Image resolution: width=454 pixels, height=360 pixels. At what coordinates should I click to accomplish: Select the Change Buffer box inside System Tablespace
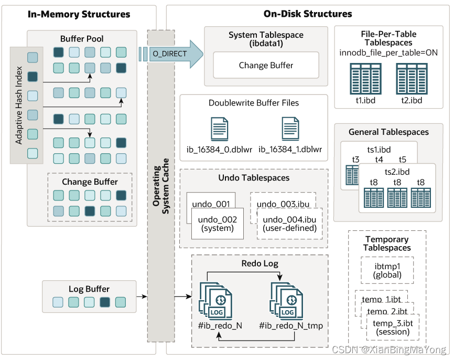pyautogui.click(x=266, y=65)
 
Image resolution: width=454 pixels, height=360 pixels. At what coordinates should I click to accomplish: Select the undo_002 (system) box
pyautogui.click(x=213, y=224)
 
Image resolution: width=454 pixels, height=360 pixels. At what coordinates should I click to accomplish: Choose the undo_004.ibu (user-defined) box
pyautogui.click(x=289, y=224)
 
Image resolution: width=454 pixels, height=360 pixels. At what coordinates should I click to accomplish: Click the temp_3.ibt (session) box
pyautogui.click(x=393, y=327)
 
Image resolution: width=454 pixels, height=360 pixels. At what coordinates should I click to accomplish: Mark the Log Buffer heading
pyautogui.click(x=89, y=289)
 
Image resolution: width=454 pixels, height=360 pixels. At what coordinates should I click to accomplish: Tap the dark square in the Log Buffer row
pyautogui.click(x=105, y=302)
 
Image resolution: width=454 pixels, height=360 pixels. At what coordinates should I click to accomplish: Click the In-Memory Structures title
pyautogui.click(x=79, y=14)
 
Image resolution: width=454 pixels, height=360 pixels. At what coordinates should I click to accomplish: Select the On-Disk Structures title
pyautogui.click(x=308, y=14)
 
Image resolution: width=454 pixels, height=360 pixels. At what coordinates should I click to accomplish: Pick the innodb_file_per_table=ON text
pyautogui.click(x=388, y=52)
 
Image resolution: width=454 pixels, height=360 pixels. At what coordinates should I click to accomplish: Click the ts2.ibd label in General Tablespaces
pyautogui.click(x=397, y=172)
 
